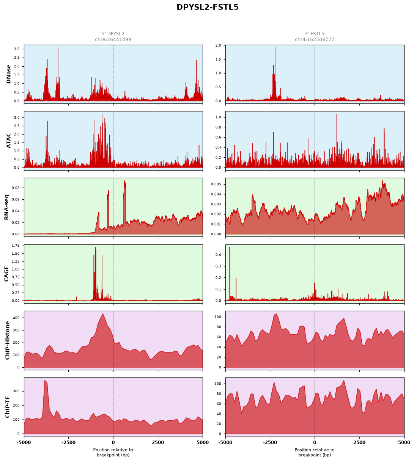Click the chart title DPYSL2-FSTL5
coord(207,7)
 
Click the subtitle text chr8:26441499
coord(113,39)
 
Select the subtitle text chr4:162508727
coord(315,39)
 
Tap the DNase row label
coord(8,74)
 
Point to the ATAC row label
coord(8,141)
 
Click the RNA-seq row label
coord(6,207)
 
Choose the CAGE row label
coord(6,274)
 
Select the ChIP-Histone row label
coord(7,340)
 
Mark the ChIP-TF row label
coord(7,407)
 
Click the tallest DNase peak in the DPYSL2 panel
coord(58,47)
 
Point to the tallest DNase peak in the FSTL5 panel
coord(275,47)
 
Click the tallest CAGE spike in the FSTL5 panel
coord(230,247)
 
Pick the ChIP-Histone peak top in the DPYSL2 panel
coord(103,314)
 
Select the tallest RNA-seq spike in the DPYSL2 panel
coord(124,181)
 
